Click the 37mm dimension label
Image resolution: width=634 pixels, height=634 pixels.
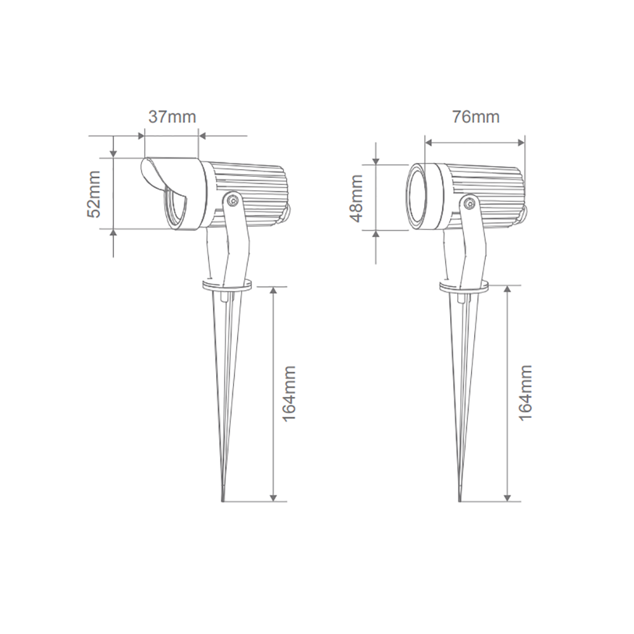pos(172,117)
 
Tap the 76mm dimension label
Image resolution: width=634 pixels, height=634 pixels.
pos(475,117)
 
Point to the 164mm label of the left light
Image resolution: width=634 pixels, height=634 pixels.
pos(290,393)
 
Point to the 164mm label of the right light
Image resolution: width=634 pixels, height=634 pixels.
pos(525,393)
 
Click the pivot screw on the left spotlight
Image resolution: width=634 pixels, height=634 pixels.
pos(233,201)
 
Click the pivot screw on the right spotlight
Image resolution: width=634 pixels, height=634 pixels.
pos(470,204)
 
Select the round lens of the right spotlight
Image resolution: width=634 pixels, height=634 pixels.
pos(417,195)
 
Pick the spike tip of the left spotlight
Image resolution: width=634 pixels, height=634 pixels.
pos(223,497)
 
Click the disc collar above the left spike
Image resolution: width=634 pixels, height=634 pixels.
pos(226,286)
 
